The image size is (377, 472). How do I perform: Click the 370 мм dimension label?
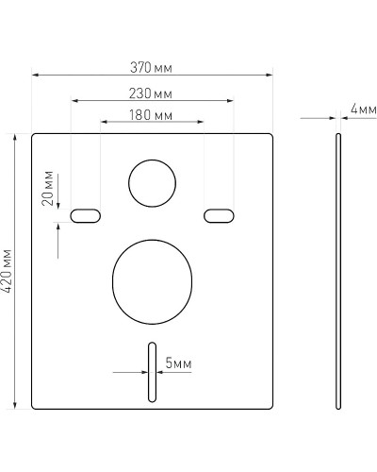[153, 68]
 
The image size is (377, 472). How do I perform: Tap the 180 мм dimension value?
[152, 115]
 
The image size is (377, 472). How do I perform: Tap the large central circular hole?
[152, 276]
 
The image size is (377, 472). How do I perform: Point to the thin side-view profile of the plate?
[339, 271]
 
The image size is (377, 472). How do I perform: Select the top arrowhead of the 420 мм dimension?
[16, 137]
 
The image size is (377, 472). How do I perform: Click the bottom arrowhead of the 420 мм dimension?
[16, 405]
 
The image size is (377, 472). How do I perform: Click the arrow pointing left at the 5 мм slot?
[158, 372]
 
